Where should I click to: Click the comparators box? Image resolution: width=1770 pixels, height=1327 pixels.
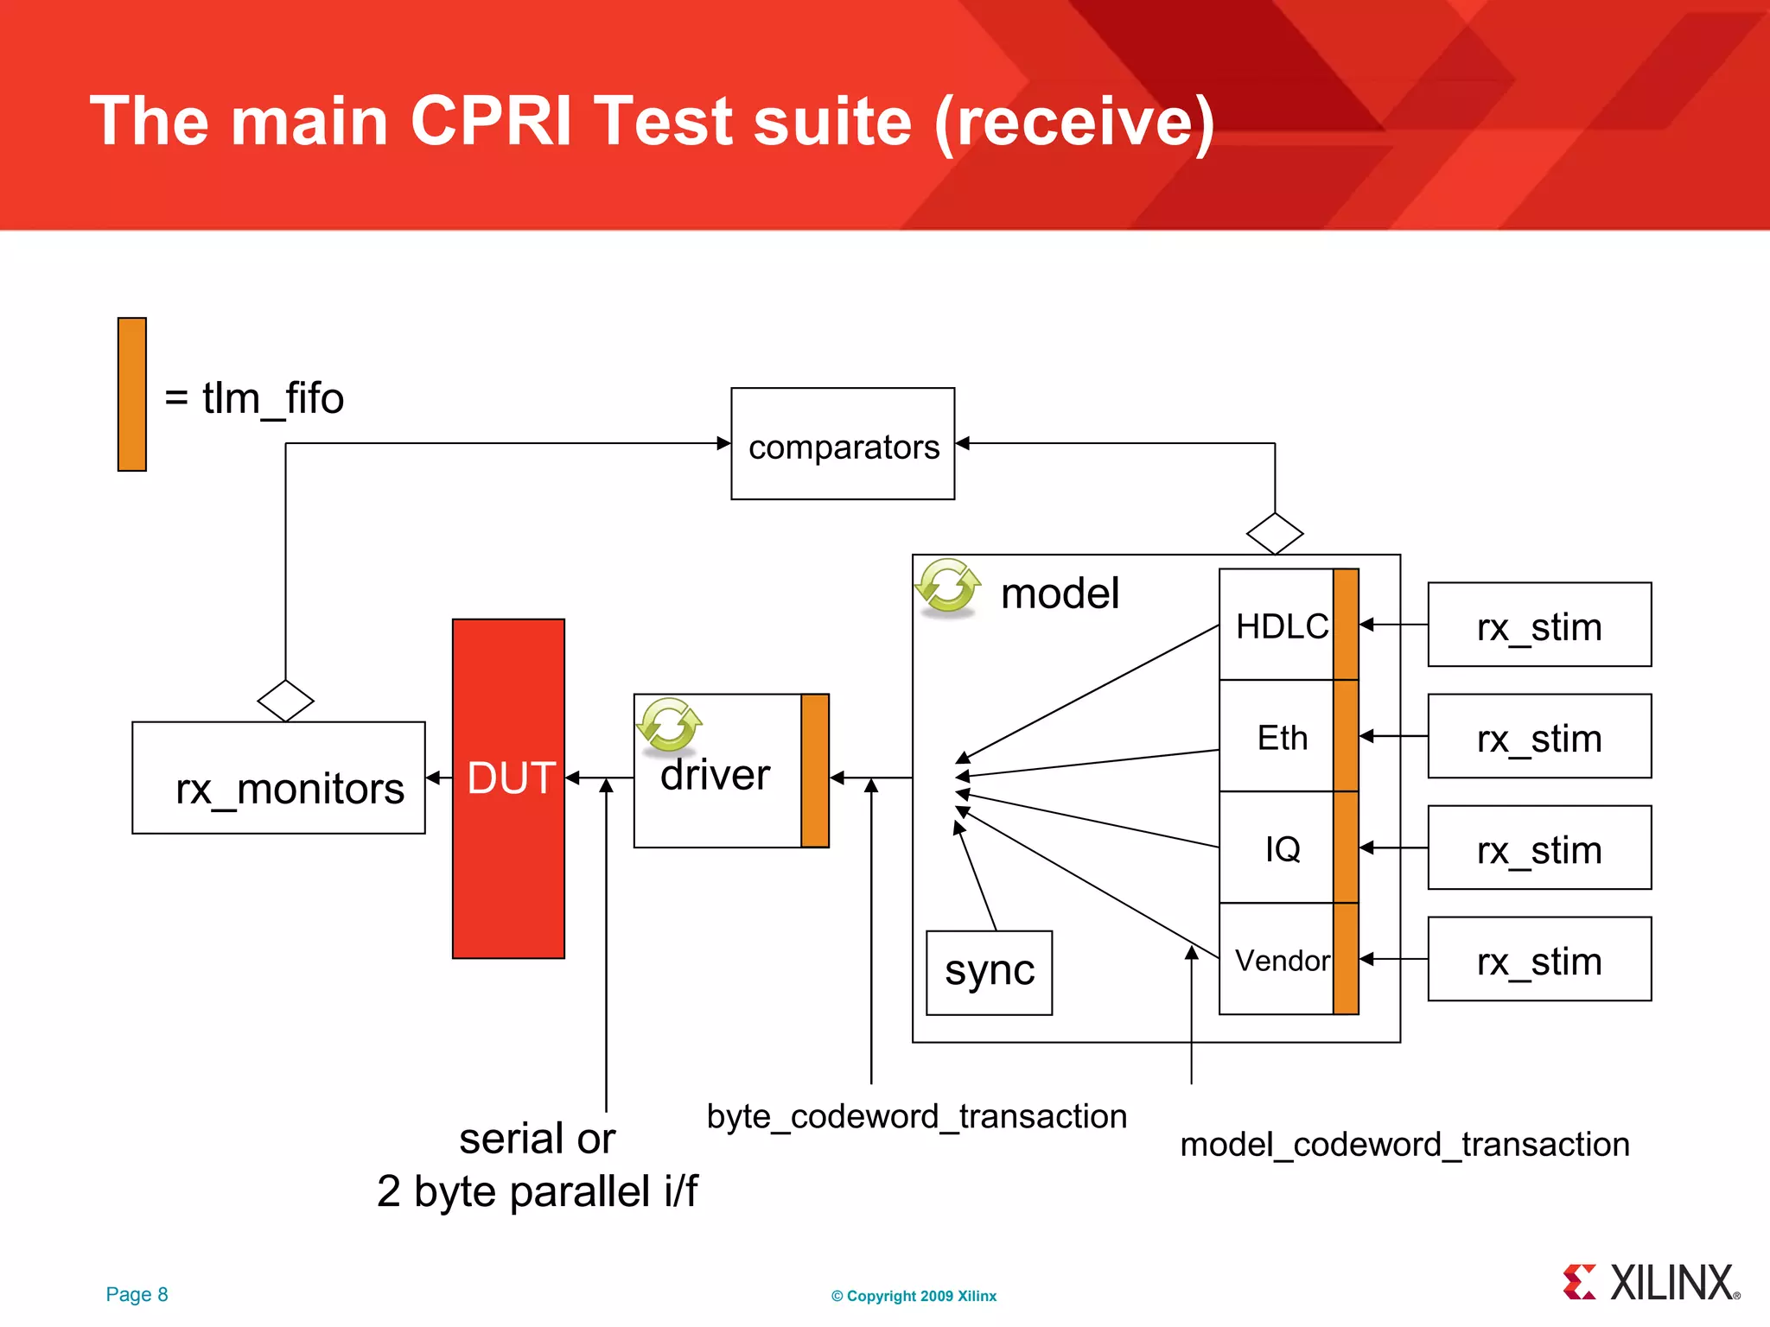(x=843, y=444)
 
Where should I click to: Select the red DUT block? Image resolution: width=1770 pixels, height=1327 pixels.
(x=508, y=788)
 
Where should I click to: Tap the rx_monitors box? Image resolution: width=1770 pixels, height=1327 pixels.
(x=278, y=778)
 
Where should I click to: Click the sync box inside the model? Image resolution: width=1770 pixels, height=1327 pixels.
(x=989, y=972)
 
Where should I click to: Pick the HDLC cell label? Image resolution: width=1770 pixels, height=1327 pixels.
(x=1281, y=626)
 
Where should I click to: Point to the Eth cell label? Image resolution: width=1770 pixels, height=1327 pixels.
(x=1282, y=738)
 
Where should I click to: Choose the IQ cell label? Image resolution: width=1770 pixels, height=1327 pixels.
(x=1282, y=849)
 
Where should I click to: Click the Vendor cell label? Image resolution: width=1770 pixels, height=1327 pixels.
(x=1282, y=961)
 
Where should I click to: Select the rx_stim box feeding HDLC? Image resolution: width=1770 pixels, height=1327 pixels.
(x=1539, y=625)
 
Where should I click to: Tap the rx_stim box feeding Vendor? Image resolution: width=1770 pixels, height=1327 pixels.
(x=1539, y=960)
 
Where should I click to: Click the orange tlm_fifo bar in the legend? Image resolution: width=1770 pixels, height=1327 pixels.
(x=132, y=395)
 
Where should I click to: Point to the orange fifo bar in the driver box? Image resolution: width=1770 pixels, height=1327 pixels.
(x=815, y=771)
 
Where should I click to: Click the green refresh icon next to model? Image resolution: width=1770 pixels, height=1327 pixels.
(x=948, y=587)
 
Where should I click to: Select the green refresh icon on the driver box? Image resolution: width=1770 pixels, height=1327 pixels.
(x=669, y=724)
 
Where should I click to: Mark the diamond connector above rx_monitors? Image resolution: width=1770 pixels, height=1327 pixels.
(x=285, y=701)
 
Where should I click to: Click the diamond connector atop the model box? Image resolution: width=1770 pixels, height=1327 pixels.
(x=1275, y=534)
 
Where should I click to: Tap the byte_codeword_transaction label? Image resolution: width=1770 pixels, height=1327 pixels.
(x=916, y=1116)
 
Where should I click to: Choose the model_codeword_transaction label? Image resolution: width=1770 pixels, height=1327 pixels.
(x=1404, y=1145)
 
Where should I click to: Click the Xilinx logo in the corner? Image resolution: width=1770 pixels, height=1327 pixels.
(x=1652, y=1283)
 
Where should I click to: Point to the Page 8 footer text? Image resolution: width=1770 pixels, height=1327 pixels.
(x=137, y=1294)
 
